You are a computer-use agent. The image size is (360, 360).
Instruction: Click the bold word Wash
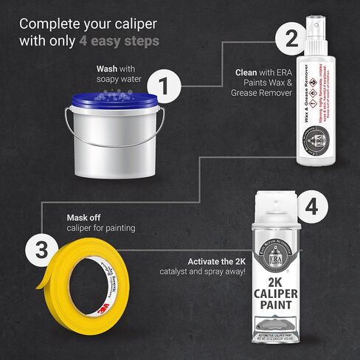point(108,69)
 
